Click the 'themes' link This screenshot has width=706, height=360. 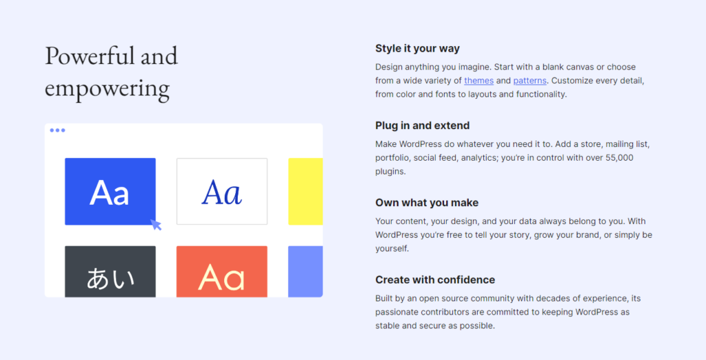click(x=478, y=81)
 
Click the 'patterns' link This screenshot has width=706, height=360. click(x=529, y=81)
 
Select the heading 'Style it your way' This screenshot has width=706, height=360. click(x=417, y=48)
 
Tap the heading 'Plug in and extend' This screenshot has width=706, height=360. click(x=422, y=126)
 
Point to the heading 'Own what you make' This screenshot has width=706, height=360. click(x=427, y=203)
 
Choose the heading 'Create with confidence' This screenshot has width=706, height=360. click(x=435, y=280)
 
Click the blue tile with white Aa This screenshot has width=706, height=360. click(x=110, y=192)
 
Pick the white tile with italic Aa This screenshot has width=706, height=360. click(x=221, y=192)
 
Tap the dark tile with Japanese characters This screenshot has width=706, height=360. click(x=110, y=272)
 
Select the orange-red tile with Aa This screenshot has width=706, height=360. click(x=221, y=272)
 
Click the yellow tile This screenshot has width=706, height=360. click(x=305, y=192)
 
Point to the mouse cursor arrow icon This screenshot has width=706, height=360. click(x=156, y=224)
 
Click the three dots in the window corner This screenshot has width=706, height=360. click(x=57, y=130)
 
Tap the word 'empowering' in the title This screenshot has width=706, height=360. click(x=107, y=88)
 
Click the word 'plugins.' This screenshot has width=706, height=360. click(x=390, y=172)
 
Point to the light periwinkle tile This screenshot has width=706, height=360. click(x=305, y=272)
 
